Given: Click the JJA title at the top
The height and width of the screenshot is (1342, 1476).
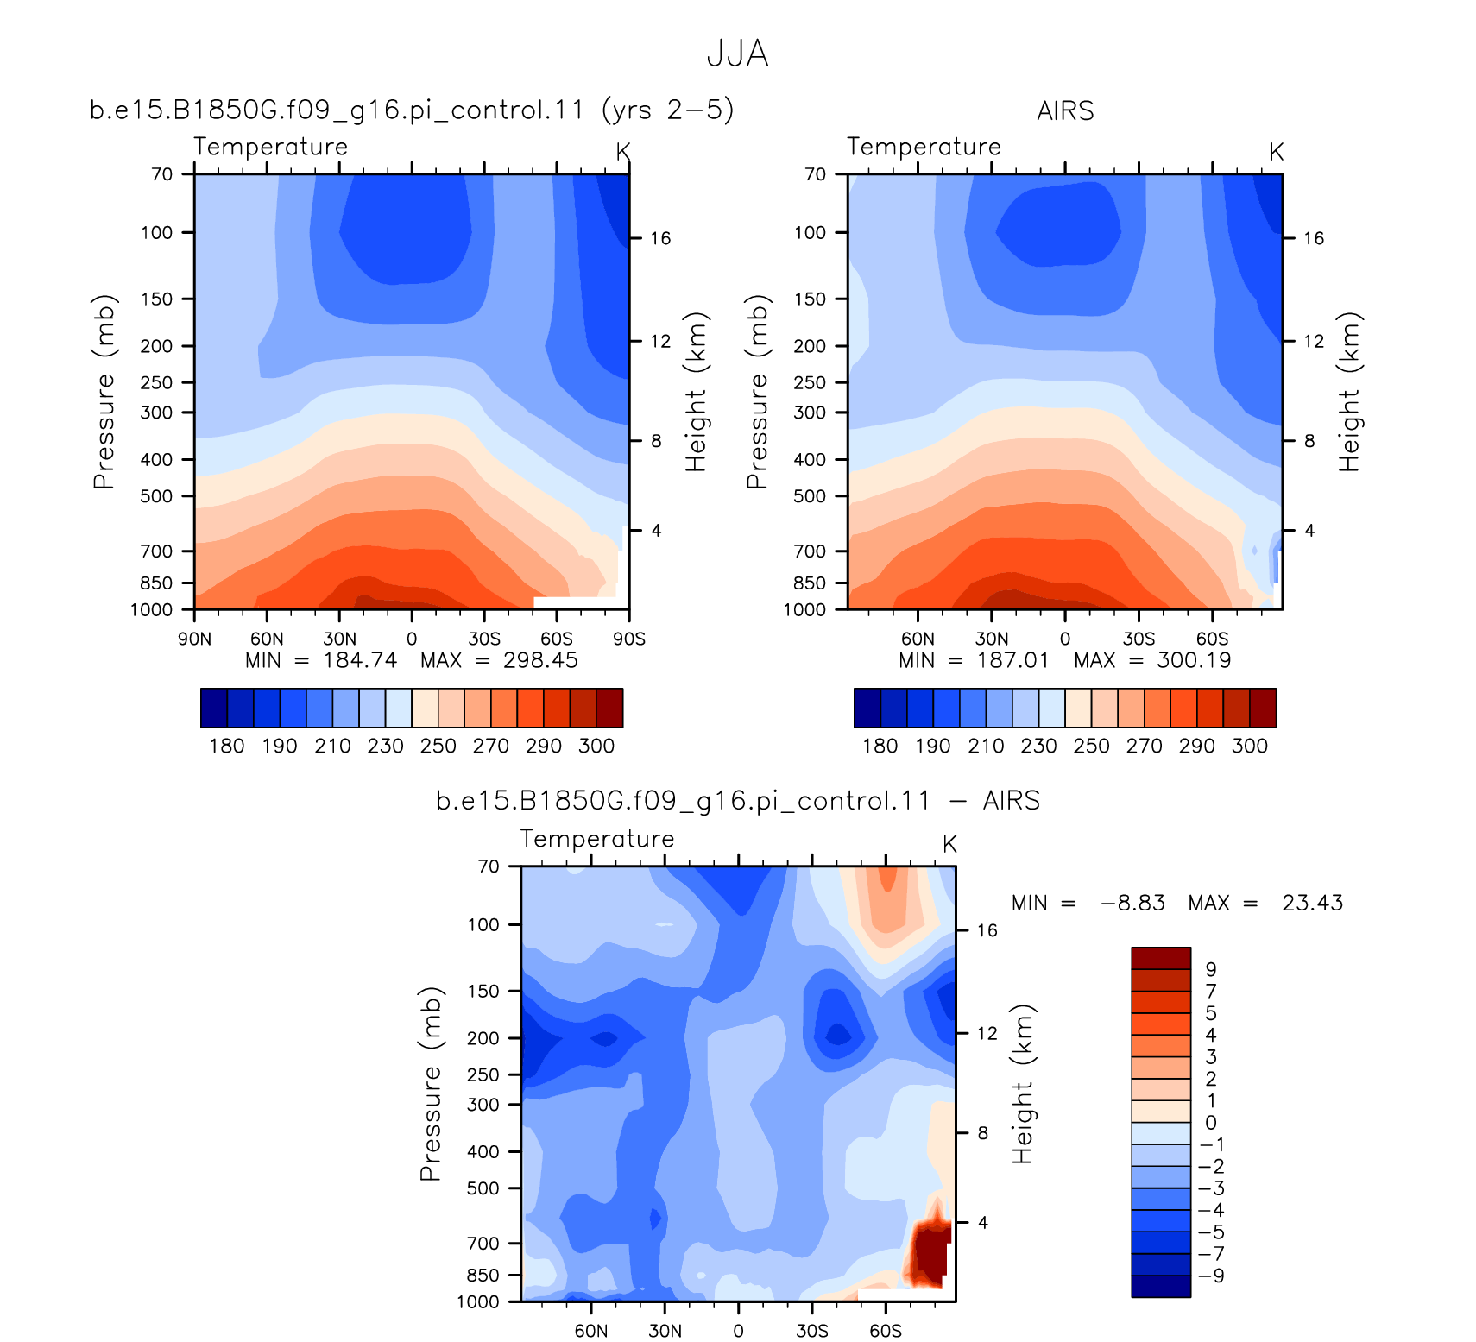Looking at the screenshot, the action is click(737, 54).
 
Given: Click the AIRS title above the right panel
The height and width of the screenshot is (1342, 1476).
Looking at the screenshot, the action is click(1065, 111).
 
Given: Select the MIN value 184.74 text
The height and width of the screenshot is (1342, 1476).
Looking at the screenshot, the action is click(360, 660).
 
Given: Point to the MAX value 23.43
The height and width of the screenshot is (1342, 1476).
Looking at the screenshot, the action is click(1312, 903).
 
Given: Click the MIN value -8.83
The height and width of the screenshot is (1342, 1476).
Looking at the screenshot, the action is click(1132, 903).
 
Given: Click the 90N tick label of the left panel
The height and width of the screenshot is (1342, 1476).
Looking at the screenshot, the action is click(194, 639).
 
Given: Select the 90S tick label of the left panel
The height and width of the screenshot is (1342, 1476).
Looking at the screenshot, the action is click(629, 639).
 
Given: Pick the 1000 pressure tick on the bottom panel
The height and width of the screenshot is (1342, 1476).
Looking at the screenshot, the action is click(478, 1301).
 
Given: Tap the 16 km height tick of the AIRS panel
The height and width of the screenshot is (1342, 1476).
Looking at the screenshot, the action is click(1314, 238).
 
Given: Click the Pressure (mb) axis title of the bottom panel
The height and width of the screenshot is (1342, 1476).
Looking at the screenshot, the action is click(431, 1083).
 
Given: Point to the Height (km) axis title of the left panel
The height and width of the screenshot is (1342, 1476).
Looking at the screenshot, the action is click(696, 392).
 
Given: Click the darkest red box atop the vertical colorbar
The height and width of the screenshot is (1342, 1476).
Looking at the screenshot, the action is click(1161, 958).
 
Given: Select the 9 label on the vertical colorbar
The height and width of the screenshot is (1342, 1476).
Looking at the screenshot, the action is click(1211, 969).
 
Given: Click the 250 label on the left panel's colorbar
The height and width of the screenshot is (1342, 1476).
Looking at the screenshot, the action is click(438, 746).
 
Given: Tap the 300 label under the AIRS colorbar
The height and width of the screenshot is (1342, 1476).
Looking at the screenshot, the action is click(1249, 746).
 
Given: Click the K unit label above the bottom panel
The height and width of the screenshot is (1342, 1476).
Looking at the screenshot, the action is click(949, 844).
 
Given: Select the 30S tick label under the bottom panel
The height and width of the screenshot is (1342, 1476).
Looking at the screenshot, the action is click(812, 1330).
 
